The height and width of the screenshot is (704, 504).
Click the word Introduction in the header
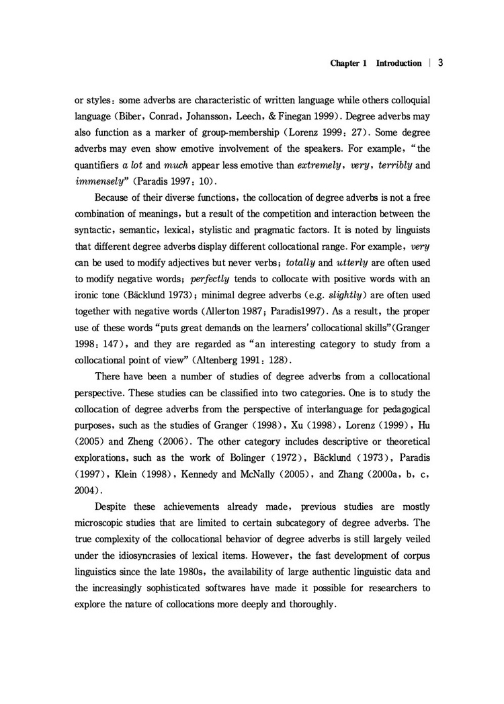[398, 64]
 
